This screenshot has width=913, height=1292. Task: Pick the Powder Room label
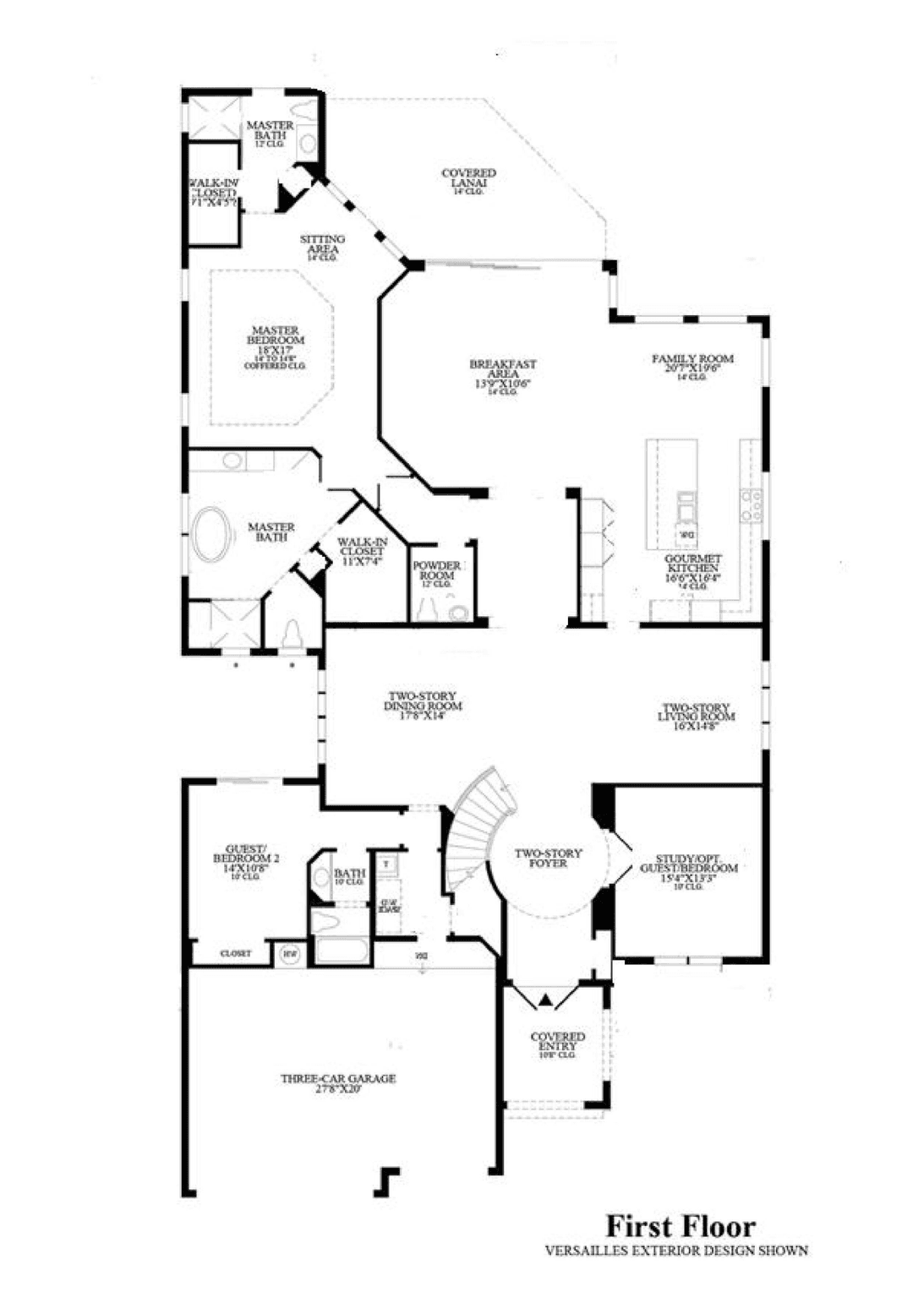[x=437, y=571]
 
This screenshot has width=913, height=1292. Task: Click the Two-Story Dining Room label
[x=423, y=706]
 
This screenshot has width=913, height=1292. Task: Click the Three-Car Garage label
[x=338, y=1083]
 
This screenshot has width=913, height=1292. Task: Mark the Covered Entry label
[x=557, y=1043]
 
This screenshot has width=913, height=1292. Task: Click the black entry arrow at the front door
[x=545, y=1000]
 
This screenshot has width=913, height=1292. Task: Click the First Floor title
[x=680, y=1226]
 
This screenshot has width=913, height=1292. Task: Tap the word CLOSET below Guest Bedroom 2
[x=236, y=953]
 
